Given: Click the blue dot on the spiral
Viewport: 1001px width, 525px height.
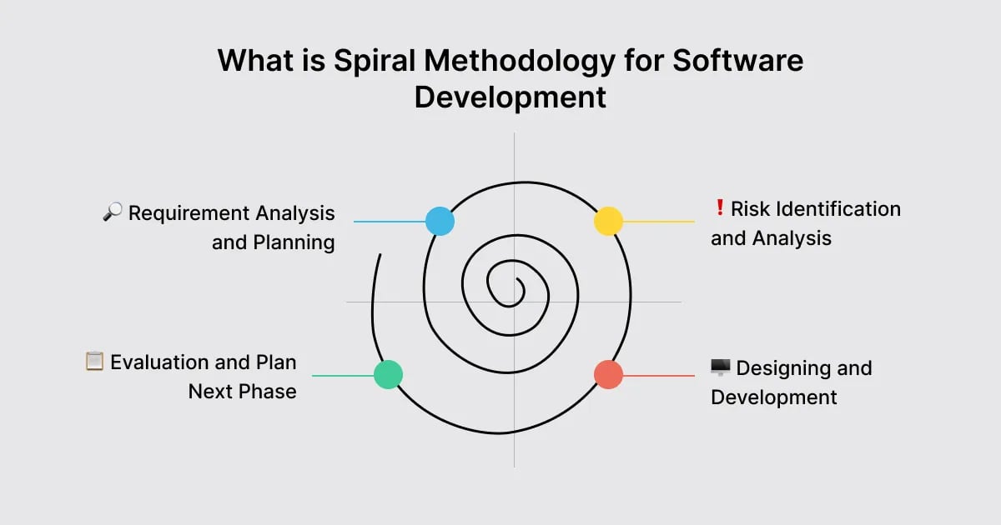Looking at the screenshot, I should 440,221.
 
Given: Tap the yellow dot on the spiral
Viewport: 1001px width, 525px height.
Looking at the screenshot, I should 608,221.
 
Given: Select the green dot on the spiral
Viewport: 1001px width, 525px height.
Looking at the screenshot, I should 388,374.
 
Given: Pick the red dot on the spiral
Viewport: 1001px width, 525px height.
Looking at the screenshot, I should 608,374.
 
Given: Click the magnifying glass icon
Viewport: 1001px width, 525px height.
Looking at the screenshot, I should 112,212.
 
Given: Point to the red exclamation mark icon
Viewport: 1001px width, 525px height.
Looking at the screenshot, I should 719,208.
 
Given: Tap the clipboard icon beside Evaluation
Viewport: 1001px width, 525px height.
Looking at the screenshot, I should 94,362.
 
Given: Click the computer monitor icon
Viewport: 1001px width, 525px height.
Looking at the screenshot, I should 720,367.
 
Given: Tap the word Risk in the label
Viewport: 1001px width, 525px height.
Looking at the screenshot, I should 748,208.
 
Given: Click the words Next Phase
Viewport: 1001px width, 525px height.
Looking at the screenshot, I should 242,392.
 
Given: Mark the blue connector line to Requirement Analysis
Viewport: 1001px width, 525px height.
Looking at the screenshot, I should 389,222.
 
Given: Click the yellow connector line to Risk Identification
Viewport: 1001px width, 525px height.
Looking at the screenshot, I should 659,222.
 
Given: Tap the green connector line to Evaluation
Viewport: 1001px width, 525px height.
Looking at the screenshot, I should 342,375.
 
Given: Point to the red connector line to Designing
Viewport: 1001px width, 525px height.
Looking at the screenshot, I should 659,375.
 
